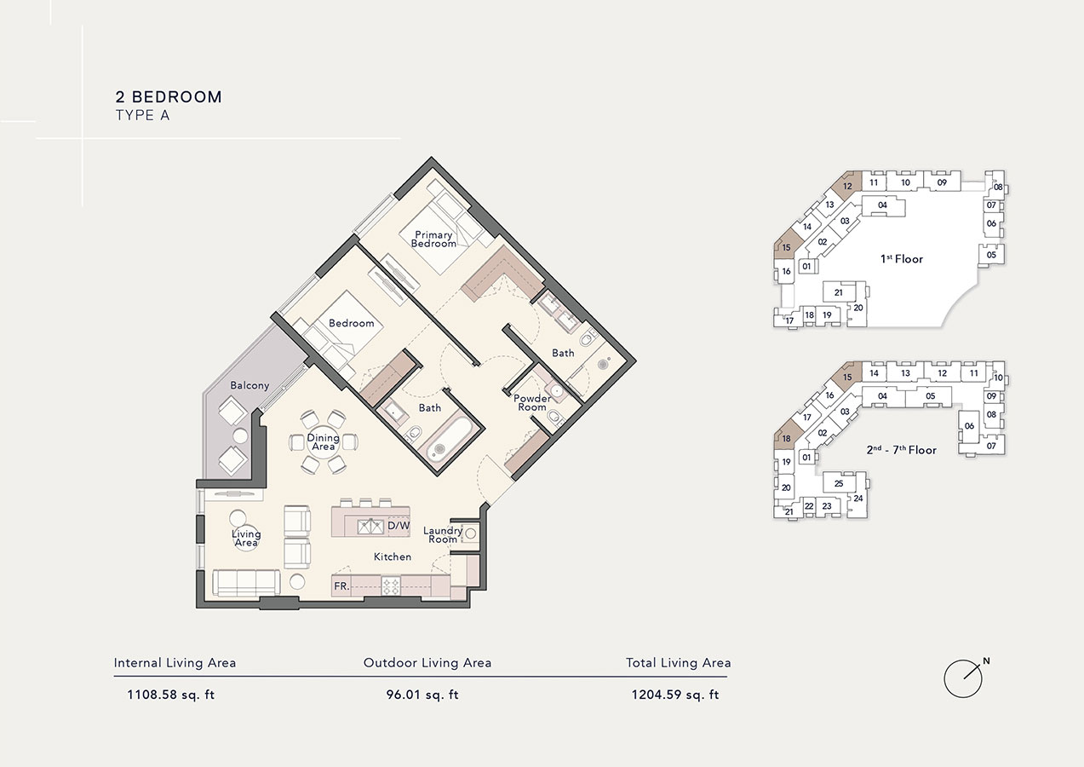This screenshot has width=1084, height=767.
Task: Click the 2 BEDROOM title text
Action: tap(169, 97)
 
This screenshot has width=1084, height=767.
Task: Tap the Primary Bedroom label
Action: tap(433, 239)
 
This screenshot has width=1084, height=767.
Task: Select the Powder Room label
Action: tap(532, 402)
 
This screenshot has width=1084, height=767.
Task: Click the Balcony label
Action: tap(249, 385)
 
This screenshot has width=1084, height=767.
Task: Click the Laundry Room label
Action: tap(443, 535)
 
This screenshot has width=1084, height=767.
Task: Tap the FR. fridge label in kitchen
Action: tap(341, 586)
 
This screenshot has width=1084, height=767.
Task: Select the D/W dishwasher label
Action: tap(399, 526)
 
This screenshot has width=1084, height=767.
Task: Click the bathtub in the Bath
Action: tap(447, 440)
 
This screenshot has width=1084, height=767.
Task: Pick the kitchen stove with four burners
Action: tap(391, 586)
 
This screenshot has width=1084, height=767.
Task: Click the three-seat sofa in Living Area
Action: tap(246, 582)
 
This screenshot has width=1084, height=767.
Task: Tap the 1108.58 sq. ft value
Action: tap(171, 695)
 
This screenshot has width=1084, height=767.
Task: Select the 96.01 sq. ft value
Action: tap(422, 695)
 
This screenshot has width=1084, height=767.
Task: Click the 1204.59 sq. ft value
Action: tap(674, 695)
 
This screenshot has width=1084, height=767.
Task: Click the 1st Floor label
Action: tap(902, 259)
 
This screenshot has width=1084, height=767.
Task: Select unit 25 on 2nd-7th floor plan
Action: tap(839, 484)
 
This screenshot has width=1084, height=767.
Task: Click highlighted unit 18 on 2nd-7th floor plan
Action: tap(784, 439)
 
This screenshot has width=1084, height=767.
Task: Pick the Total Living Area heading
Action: tap(678, 662)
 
